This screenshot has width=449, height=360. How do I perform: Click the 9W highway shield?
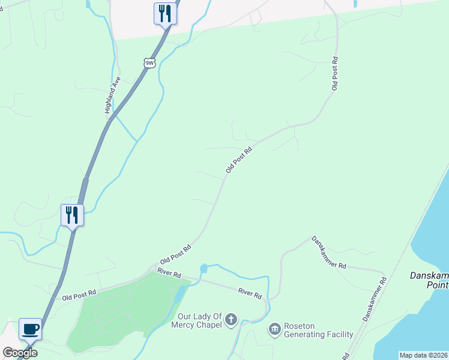point(149,62)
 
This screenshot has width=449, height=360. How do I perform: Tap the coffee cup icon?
point(31,329)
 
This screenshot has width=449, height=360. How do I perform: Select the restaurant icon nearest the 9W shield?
point(164,13)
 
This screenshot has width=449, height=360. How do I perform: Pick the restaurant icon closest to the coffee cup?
point(72,215)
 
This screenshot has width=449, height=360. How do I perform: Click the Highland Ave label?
point(113,95)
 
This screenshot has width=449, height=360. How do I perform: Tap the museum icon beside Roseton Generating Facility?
point(275,329)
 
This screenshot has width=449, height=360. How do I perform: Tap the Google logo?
point(20,353)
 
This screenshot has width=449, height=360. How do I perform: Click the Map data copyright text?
point(423,355)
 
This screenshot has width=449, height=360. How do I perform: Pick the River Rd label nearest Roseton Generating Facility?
point(250,294)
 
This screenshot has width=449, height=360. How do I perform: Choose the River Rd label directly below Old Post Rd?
point(169,273)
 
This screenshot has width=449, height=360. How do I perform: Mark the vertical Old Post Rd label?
point(335,74)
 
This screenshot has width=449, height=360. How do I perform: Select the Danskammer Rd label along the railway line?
point(373,298)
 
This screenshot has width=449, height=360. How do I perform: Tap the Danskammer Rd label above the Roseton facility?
point(328,252)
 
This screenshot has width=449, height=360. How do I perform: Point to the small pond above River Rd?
point(203,268)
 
